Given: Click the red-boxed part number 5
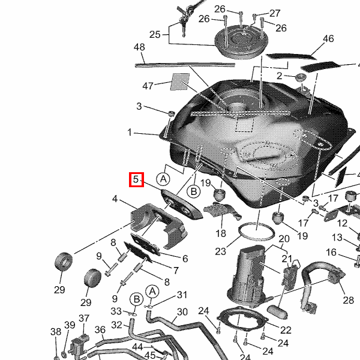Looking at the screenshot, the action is [136, 179].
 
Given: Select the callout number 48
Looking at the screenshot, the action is [139, 47].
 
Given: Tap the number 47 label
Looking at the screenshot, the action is [148, 86].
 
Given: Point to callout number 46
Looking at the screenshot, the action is [328, 38].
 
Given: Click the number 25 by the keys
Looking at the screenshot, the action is [155, 35].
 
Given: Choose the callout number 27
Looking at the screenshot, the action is [275, 13].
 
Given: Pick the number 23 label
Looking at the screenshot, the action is [220, 251].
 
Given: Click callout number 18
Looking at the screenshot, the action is [221, 233].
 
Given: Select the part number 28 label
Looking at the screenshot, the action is [348, 300].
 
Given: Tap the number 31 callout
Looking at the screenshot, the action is [182, 295].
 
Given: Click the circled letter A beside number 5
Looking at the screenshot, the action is [163, 179].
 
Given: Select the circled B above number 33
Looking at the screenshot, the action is [137, 299].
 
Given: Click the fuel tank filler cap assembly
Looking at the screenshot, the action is [241, 42].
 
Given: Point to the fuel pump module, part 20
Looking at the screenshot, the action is [248, 276].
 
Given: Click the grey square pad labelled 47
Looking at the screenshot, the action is [180, 82].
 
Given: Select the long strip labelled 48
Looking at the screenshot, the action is [185, 65].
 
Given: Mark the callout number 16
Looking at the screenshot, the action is [331, 253].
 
